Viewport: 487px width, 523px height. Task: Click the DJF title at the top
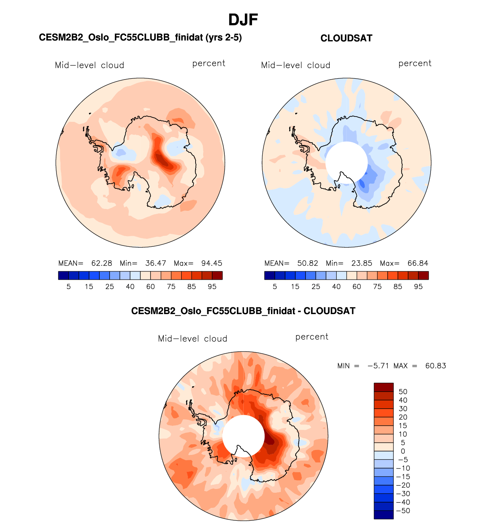click(x=243, y=20)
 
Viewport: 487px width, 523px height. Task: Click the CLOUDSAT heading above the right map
click(x=346, y=38)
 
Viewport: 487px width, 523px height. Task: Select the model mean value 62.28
click(x=102, y=263)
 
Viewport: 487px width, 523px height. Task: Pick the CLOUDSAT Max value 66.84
click(x=418, y=263)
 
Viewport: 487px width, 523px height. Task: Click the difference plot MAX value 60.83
click(x=435, y=366)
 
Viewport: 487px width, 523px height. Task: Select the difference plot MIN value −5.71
click(x=378, y=366)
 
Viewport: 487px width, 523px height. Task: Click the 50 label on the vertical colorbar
click(x=403, y=392)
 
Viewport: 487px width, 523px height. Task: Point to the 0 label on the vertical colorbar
click(x=403, y=451)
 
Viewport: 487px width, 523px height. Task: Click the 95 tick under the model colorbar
click(x=212, y=287)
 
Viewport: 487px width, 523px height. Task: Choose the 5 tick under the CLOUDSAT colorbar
click(x=275, y=287)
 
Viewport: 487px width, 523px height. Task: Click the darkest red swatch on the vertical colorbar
click(x=384, y=387)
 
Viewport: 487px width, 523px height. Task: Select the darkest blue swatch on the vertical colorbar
click(x=384, y=515)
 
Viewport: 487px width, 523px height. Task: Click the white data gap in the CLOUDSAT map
click(x=346, y=162)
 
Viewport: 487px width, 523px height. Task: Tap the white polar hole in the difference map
click(x=243, y=435)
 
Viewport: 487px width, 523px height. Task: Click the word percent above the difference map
click(x=312, y=337)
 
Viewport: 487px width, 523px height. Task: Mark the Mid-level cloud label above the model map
click(x=89, y=65)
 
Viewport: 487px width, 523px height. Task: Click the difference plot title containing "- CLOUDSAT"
click(x=243, y=311)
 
